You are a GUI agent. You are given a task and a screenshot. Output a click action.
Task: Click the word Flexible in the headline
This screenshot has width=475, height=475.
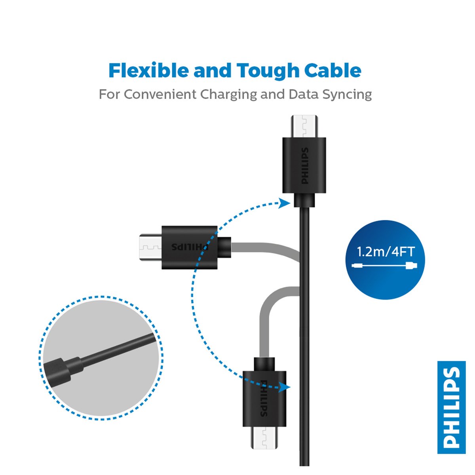(149, 70)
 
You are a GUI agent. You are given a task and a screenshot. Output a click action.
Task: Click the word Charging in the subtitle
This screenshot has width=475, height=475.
(228, 95)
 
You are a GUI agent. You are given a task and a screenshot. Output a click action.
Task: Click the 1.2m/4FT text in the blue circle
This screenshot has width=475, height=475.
(386, 252)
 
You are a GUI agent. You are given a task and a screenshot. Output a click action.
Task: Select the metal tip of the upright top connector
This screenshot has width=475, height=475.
(304, 126)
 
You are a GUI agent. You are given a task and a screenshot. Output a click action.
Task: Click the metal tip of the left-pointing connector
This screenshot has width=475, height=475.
(150, 247)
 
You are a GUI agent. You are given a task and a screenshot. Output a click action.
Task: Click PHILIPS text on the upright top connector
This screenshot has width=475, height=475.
(305, 165)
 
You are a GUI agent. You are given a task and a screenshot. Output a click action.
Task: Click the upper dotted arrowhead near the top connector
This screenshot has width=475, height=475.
(285, 203)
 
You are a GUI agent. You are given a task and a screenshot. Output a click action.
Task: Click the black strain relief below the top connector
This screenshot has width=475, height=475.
(304, 200)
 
